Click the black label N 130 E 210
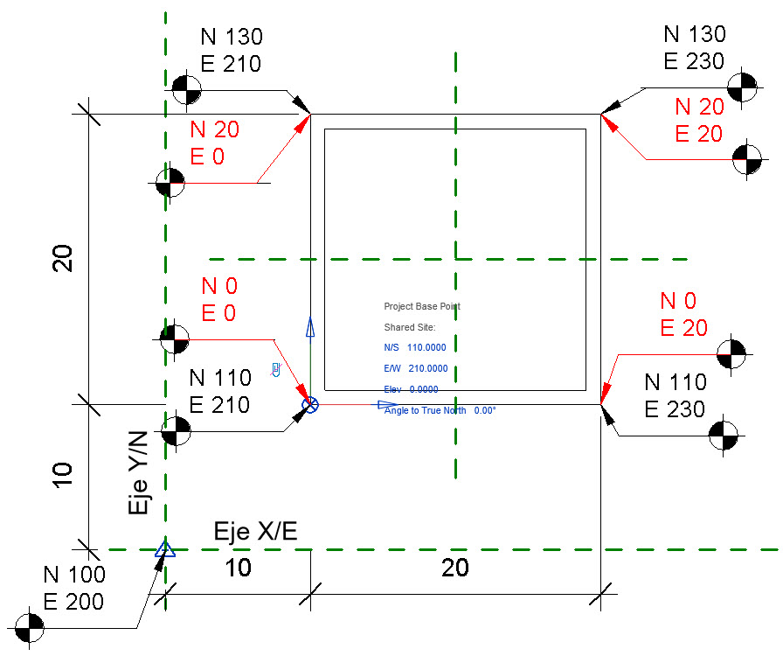pyautogui.click(x=232, y=50)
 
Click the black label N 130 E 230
pyautogui.click(x=695, y=47)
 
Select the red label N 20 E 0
pyautogui.click(x=214, y=143)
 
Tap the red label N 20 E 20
pyautogui.click(x=699, y=120)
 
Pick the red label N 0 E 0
pyautogui.click(x=219, y=299)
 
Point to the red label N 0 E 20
pyautogui.click(x=683, y=314)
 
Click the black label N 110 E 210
pyautogui.click(x=220, y=391)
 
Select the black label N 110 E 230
pyautogui.click(x=676, y=395)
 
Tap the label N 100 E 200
pyautogui.click(x=73, y=588)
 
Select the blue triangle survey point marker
pyautogui.click(x=165, y=549)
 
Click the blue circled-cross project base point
pyautogui.click(x=310, y=404)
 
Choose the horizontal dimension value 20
pyautogui.click(x=454, y=568)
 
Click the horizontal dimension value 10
pyautogui.click(x=238, y=568)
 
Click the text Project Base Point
pyautogui.click(x=422, y=307)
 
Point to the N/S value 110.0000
pyautogui.click(x=426, y=348)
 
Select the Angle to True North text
pyautogui.click(x=440, y=410)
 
